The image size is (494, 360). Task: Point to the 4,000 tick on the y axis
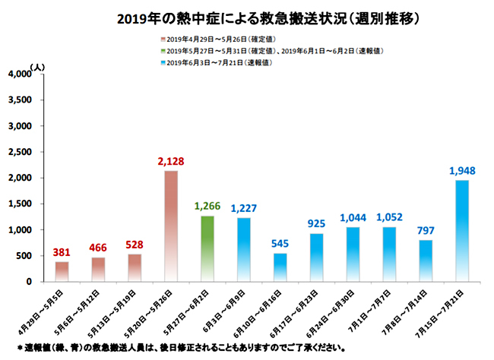[17, 74]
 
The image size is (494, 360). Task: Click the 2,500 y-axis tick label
[17, 152]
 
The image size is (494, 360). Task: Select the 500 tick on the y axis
[23, 256]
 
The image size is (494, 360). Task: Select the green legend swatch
[162, 51]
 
